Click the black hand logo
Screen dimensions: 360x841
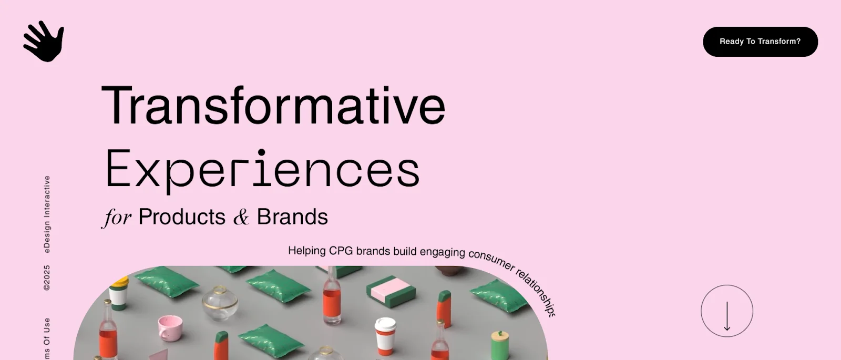coord(44,41)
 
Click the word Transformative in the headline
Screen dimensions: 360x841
coord(273,106)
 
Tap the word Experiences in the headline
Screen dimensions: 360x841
coord(262,169)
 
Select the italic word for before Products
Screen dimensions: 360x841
coord(117,217)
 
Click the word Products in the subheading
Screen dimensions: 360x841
coord(182,217)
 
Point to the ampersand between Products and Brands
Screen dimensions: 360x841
coord(241,217)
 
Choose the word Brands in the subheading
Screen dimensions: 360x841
coord(292,217)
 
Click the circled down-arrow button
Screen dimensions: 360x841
coord(727,311)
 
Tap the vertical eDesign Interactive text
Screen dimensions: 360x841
coord(47,214)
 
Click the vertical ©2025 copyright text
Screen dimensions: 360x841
coord(47,277)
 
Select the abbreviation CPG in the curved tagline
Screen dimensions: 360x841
coord(341,251)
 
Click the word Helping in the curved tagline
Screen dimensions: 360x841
coord(307,251)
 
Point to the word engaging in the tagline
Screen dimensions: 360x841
coord(442,252)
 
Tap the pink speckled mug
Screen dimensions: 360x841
coord(171,327)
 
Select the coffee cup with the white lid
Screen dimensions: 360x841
coord(385,335)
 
